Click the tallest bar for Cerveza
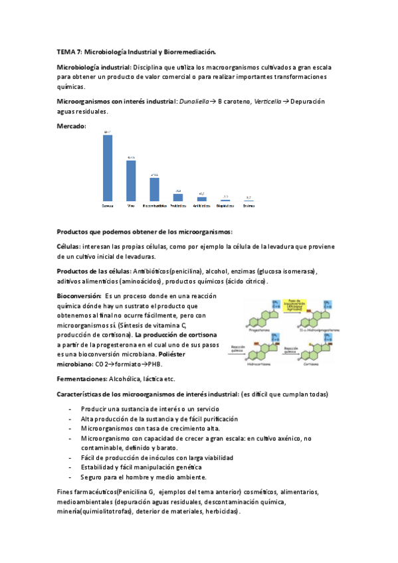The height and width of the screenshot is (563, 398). (x=108, y=168)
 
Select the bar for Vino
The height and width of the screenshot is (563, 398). (x=131, y=181)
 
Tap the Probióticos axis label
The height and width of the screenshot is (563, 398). (x=178, y=206)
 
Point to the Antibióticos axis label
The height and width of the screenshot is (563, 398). (x=201, y=206)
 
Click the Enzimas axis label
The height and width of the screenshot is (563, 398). (x=248, y=206)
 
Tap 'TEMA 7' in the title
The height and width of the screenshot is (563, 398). (x=68, y=51)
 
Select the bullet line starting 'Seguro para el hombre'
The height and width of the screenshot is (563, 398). (x=144, y=477)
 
